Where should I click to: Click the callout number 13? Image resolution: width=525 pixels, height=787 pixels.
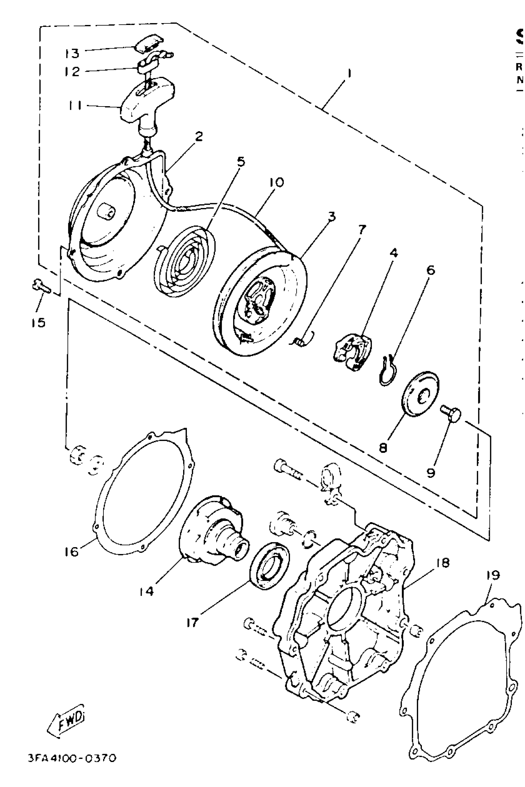click(72, 53)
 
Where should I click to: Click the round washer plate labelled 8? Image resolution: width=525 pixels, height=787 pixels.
click(420, 394)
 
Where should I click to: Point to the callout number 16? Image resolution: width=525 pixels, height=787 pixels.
click(72, 552)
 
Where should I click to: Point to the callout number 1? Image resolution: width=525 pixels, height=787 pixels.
click(349, 73)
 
